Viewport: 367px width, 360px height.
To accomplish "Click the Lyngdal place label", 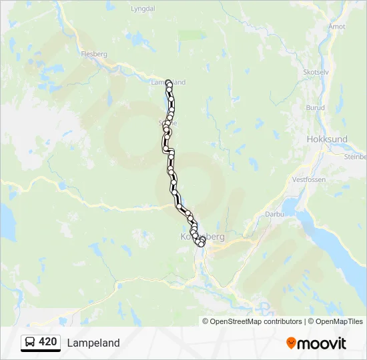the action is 143,9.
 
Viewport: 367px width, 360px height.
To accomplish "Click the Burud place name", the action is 315,107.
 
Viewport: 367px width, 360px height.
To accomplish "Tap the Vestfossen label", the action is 308,180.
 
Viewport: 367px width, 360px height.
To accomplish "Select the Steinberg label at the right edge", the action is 356,157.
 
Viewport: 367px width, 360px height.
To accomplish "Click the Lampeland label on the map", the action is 168,82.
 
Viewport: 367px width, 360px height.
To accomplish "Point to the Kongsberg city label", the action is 203,237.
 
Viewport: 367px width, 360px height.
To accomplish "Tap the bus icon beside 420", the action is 30,342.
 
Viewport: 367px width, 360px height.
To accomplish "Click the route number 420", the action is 47,342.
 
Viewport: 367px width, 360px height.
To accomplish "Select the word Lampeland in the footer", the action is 93,343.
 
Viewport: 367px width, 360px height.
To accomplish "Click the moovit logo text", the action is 322,343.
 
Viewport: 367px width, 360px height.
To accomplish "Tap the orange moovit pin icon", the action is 291,343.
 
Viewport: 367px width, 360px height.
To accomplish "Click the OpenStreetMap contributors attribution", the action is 256,321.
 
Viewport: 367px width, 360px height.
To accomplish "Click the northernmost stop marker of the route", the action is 168,83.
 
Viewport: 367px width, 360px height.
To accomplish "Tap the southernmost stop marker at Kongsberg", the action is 200,245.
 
